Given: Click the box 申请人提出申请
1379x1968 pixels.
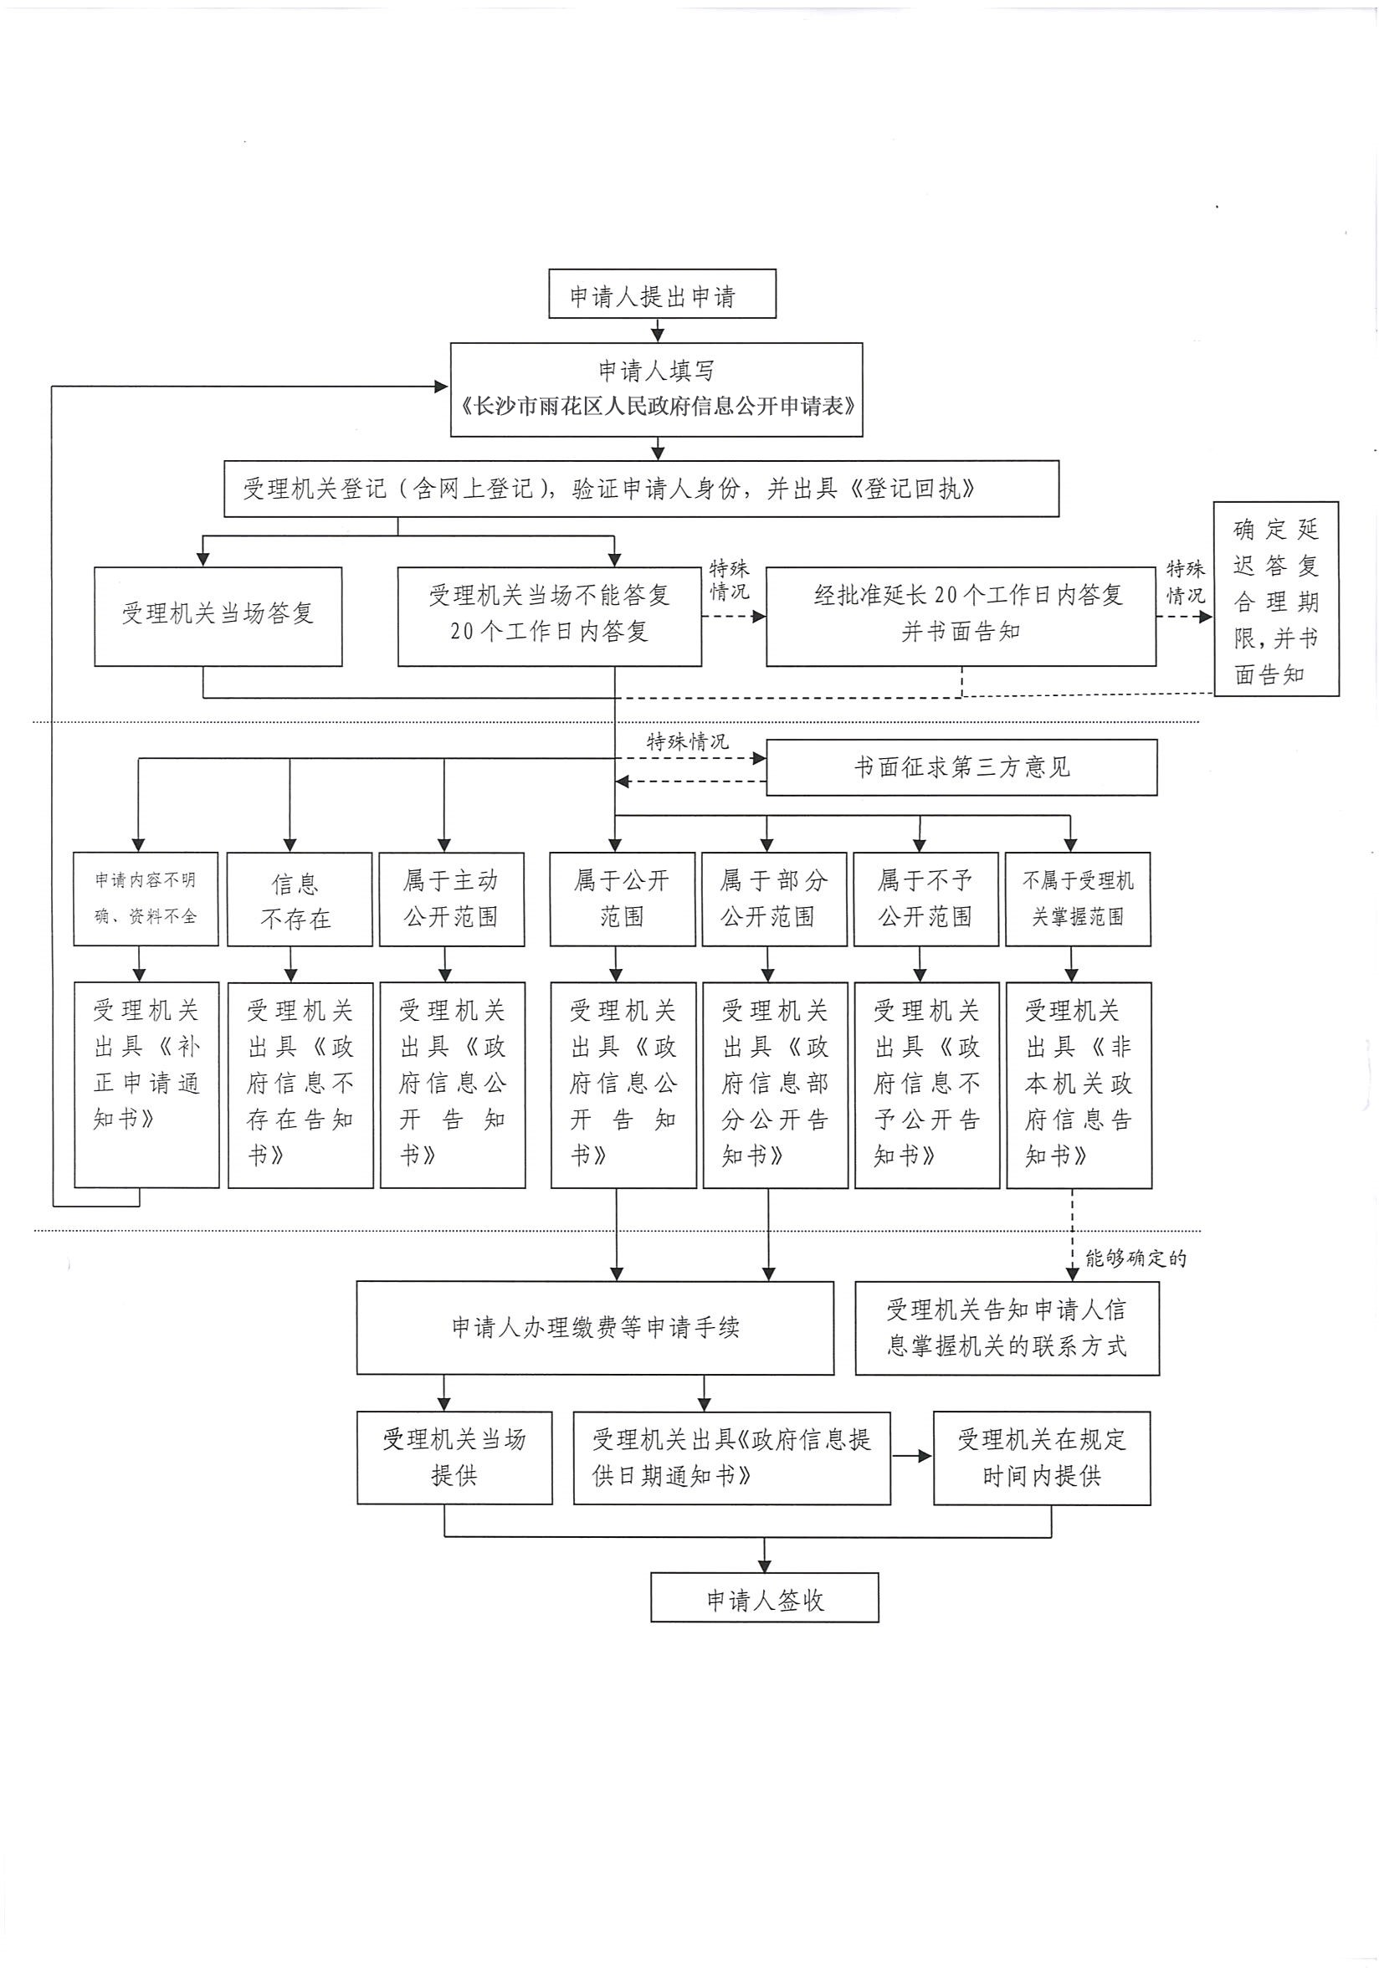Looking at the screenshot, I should point(662,294).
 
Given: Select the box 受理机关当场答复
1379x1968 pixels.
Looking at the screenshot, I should point(218,616).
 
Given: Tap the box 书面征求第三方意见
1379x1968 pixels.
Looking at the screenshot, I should point(961,767).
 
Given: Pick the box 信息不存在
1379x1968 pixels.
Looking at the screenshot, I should point(299,899).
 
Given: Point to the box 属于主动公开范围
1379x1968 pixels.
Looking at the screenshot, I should point(452,899).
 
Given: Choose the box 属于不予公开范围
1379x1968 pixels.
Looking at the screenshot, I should point(925,899).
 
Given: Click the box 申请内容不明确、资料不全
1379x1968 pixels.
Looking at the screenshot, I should point(146,899).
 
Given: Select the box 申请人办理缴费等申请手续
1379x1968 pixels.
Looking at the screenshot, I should point(595,1328).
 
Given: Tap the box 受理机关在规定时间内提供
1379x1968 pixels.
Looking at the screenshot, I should point(1041,1457).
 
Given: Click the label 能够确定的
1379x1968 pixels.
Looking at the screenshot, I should point(1135,1258).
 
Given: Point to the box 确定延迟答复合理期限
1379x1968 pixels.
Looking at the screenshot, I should point(1275,598).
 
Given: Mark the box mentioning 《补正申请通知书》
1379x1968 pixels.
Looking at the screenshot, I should point(146,1084).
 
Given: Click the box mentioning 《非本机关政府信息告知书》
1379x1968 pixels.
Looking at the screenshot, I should point(1078,1084).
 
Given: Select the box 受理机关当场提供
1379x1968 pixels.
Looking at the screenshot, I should point(454,1457).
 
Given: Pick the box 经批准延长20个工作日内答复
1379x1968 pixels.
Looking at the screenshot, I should point(960,616).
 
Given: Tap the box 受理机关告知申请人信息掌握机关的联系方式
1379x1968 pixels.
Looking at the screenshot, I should point(1007,1328).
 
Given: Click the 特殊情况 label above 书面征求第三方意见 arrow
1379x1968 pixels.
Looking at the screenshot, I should point(687,741).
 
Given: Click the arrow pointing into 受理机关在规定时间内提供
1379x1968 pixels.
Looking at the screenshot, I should point(913,1455).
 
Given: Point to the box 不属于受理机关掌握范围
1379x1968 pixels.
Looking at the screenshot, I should point(1077,899).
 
